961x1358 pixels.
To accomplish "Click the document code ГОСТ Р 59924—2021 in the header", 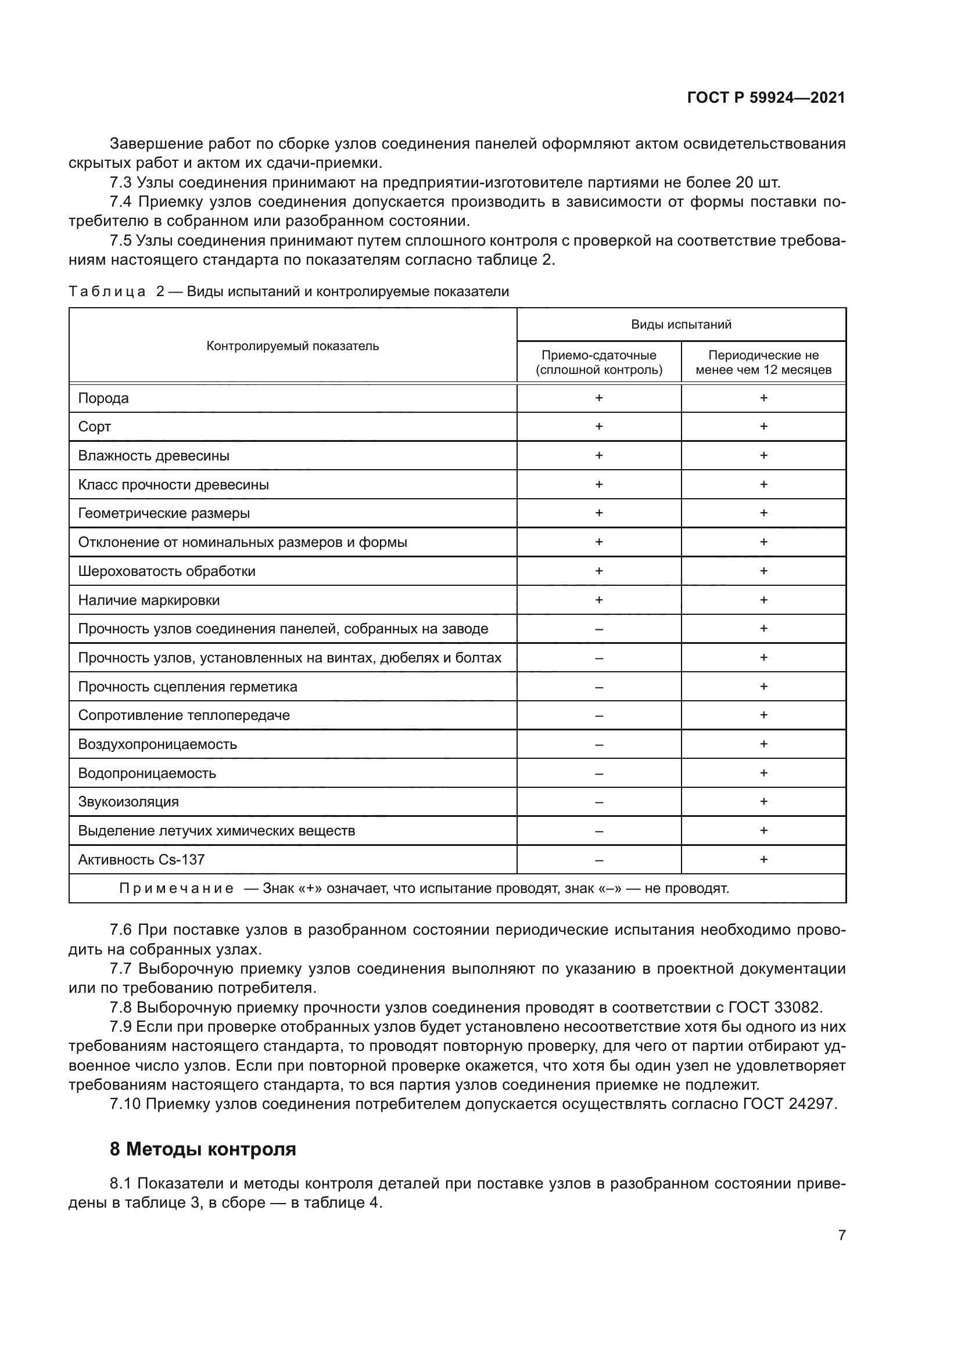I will pos(766,98).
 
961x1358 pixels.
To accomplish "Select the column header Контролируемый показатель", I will pos(292,347).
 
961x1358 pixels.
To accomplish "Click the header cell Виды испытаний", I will pos(681,325).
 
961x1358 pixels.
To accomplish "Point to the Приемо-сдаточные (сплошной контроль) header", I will pos(599,362).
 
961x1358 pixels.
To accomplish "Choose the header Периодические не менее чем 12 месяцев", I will pos(763,362).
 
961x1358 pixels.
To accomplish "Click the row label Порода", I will pos(103,399).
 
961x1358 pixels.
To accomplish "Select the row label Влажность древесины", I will pos(154,456).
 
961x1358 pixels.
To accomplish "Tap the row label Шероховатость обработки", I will pos(167,571).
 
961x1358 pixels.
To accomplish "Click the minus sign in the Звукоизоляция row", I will pos(599,802).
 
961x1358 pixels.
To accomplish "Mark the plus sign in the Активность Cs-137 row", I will pos(763,860).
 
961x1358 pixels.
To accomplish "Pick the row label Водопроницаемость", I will pos(148,773).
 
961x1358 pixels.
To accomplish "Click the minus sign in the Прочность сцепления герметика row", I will pos(599,687).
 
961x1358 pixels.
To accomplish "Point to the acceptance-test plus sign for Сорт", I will pos(599,427).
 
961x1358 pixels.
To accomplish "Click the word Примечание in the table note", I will pos(177,889).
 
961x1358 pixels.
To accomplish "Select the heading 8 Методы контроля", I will pos(203,1149).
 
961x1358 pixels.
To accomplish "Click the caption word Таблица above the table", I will pos(107,292).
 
